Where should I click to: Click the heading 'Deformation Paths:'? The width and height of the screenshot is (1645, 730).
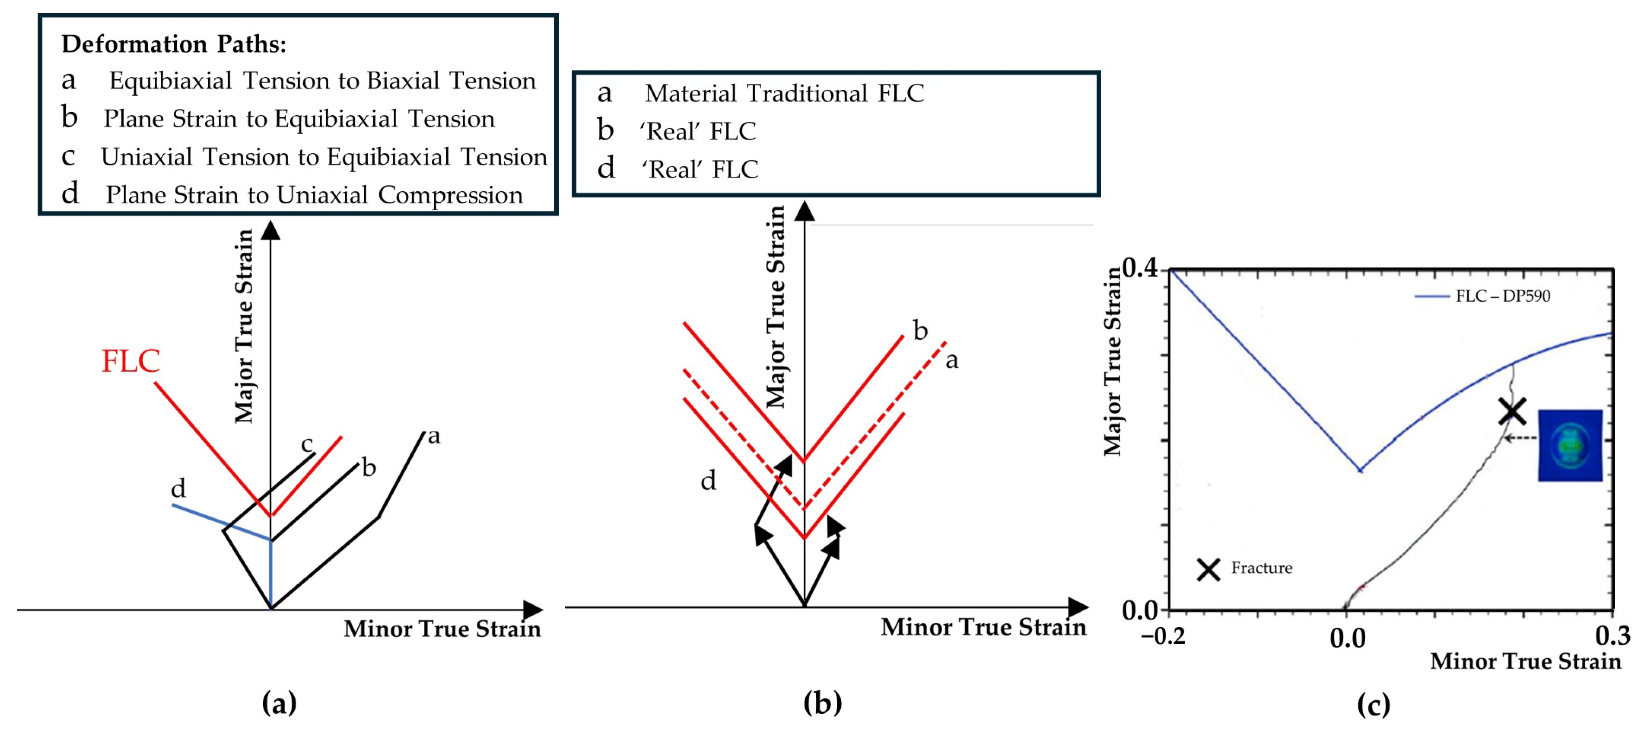tap(174, 44)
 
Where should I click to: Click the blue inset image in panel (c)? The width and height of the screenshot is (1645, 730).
tap(1570, 445)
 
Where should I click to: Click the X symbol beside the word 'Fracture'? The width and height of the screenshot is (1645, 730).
tap(1208, 569)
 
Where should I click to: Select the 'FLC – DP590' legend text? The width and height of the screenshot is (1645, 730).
tap(1503, 296)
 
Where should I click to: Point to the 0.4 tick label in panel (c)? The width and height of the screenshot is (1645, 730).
tap(1140, 268)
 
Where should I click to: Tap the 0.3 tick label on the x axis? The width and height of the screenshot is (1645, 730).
tap(1612, 635)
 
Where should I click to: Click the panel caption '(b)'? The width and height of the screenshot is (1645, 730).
tap(822, 703)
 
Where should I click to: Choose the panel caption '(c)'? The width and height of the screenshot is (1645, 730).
tap(1373, 705)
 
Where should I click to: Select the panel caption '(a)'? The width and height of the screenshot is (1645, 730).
tap(279, 703)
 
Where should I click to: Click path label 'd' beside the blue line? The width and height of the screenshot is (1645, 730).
tap(178, 489)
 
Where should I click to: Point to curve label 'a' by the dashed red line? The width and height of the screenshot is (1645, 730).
tap(952, 361)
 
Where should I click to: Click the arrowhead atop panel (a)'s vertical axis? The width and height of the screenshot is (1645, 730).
tap(271, 230)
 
